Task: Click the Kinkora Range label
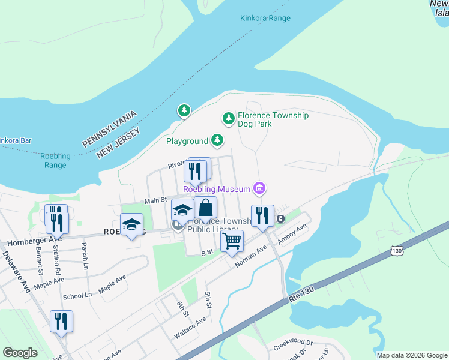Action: pyautogui.click(x=265, y=18)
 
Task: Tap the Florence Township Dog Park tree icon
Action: pyautogui.click(x=228, y=119)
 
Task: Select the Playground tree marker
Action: pyautogui.click(x=217, y=141)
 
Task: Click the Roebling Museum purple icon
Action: pyautogui.click(x=259, y=189)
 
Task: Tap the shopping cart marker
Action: pyautogui.click(x=232, y=242)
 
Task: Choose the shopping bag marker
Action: pyautogui.click(x=205, y=208)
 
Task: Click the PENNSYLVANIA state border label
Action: pyautogui.click(x=110, y=128)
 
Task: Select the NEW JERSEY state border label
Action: pyautogui.click(x=118, y=142)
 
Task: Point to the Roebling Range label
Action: pyautogui.click(x=55, y=161)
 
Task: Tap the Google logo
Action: pyautogui.click(x=20, y=353)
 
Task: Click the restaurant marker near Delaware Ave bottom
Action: pyautogui.click(x=61, y=322)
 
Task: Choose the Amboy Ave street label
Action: pyautogui.click(x=292, y=233)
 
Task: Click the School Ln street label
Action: pyautogui.click(x=77, y=295)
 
